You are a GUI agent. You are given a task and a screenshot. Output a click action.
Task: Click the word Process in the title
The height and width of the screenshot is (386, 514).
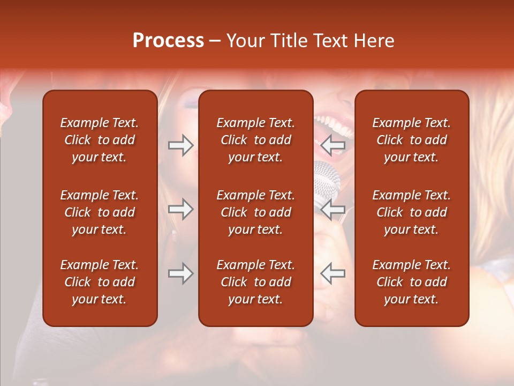(x=168, y=41)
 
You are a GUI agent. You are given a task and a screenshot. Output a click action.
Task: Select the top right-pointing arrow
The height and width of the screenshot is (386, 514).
(x=180, y=145)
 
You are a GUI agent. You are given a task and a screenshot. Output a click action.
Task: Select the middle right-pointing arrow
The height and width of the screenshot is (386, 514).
(x=180, y=209)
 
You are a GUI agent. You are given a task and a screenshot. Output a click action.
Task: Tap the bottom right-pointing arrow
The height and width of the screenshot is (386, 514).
(x=180, y=273)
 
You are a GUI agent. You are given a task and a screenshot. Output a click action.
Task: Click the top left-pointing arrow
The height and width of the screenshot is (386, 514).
(x=332, y=145)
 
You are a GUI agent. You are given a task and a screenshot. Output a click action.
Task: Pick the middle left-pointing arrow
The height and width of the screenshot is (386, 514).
(x=332, y=209)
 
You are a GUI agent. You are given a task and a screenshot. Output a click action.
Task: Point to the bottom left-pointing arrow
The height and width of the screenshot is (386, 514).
(x=332, y=273)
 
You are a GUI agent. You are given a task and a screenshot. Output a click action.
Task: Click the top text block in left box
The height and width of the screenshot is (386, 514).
(x=100, y=140)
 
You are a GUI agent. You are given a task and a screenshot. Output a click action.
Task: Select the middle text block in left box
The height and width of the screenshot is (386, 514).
(x=100, y=212)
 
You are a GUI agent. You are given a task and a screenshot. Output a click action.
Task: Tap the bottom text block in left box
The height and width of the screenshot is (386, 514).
(x=100, y=282)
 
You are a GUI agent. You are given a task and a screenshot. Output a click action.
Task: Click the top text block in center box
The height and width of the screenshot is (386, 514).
(x=255, y=140)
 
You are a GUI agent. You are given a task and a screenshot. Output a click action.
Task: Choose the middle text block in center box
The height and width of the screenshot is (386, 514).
(x=255, y=212)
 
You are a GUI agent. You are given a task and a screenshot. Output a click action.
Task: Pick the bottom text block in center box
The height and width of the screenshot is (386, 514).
(x=255, y=282)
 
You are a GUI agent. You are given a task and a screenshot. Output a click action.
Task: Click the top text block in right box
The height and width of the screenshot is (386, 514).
(x=411, y=140)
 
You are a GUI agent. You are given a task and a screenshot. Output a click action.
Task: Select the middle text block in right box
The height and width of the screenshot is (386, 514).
(x=411, y=212)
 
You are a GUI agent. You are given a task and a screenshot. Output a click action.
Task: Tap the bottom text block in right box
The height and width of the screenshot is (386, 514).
(x=411, y=282)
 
